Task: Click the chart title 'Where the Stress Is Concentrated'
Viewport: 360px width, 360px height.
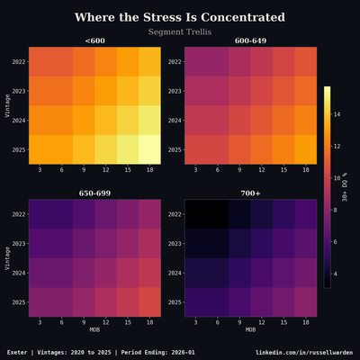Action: pyautogui.click(x=180, y=17)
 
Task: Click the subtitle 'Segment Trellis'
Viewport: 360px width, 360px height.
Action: pyautogui.click(x=180, y=32)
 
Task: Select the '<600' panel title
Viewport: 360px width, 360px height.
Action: pyautogui.click(x=94, y=40)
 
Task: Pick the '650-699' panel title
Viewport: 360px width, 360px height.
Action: pyautogui.click(x=94, y=193)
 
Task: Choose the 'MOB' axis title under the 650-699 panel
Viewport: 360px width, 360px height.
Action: pyautogui.click(x=94, y=329)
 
